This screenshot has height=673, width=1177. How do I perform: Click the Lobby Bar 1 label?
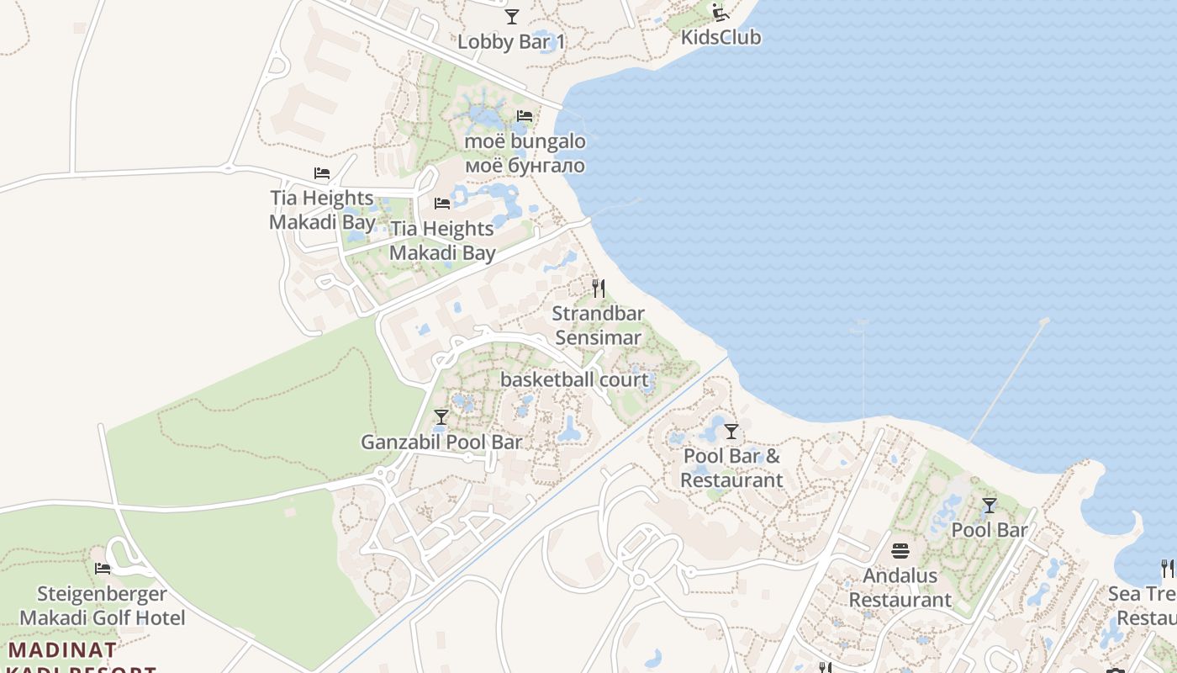coord(510,41)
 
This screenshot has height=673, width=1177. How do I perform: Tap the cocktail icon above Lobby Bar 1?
coord(511,16)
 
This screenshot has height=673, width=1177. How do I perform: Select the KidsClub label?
coord(720,37)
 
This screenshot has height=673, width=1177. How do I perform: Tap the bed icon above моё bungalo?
coord(525,116)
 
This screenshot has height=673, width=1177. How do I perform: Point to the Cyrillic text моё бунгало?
coord(525,166)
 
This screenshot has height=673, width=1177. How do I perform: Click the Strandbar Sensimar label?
coord(598,326)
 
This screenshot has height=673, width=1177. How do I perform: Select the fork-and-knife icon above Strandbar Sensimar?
coord(598,289)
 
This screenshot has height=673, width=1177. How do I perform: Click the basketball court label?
coord(574,379)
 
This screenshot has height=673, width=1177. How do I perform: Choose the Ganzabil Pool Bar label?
coord(441,442)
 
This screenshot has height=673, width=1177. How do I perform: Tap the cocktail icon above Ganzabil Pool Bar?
coord(441,417)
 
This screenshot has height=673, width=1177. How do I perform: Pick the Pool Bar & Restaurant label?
coord(731,469)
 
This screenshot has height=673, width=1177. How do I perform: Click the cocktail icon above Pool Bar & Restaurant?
coord(731,432)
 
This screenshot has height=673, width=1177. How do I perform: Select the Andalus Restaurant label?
coord(900,588)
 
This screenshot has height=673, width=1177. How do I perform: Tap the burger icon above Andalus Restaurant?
coord(900,552)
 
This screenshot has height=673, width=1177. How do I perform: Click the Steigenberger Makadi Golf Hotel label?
coord(103,606)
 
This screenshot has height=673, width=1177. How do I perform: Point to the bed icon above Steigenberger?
coord(103,569)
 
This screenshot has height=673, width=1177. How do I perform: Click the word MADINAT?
coord(63,650)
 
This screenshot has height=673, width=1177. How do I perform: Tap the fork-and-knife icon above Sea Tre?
coord(1168,569)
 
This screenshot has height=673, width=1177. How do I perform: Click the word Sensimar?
coord(598,338)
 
